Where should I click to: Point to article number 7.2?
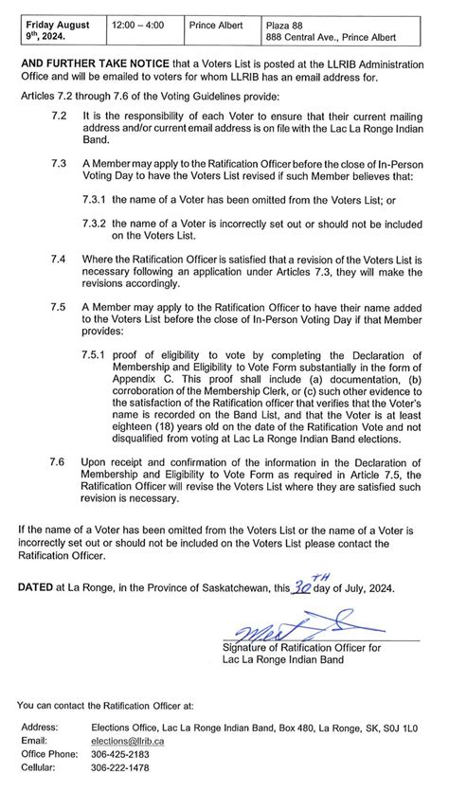point(59,114)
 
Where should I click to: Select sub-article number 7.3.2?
point(94,220)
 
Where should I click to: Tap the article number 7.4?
point(59,258)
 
